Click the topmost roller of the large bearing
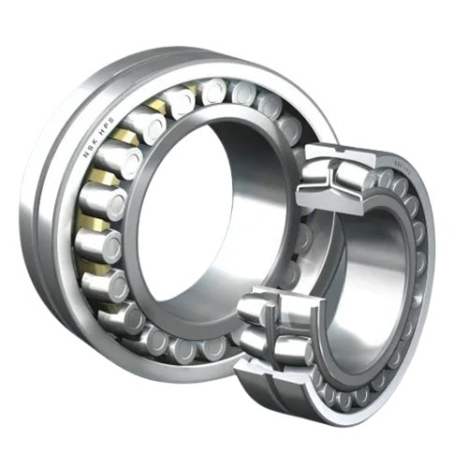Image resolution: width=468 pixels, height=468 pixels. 214,91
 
